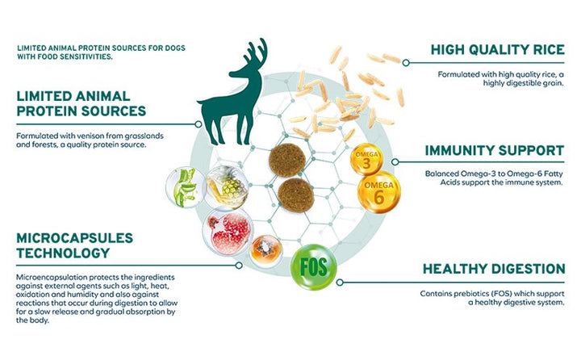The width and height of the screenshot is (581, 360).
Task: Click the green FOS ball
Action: tap(314, 266)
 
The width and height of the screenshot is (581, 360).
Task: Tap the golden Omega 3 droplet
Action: tap(366, 160)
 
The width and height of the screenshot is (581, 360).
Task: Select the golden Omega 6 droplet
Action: tap(378, 192)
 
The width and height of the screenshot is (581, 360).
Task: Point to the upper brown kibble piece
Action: tap(287, 160)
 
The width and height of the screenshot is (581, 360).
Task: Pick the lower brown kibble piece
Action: tap(296, 195)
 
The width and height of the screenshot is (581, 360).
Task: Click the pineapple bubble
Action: tap(227, 187)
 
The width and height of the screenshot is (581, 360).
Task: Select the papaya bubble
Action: tap(265, 251)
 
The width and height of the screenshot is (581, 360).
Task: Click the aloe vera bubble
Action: tap(186, 186)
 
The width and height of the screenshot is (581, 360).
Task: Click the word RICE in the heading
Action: tap(545, 50)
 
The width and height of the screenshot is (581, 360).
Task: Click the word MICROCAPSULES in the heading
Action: tap(74, 238)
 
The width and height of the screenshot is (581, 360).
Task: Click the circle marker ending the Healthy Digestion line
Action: tap(340, 283)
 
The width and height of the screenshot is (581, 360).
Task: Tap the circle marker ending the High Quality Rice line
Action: tap(406, 63)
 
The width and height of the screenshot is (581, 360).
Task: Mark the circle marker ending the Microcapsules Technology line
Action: tap(239, 266)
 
